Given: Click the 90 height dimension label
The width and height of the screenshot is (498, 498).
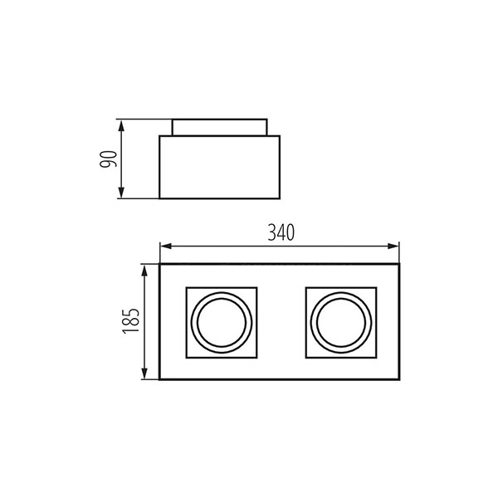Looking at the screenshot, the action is coord(108,159).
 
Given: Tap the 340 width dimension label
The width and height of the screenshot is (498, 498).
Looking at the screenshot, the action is coord(281,232).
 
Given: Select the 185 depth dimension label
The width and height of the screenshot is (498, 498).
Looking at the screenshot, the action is coord(131,321).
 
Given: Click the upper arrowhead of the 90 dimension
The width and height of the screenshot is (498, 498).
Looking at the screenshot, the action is coord(121,126).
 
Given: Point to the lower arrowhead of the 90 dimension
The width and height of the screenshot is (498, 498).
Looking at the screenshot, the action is coord(121,193).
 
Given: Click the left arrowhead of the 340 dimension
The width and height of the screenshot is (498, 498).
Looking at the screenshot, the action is coord(166,247).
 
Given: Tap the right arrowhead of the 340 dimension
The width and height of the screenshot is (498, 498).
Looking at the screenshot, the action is coord(393,247).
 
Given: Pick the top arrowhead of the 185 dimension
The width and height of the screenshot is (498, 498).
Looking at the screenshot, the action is coord(144,271).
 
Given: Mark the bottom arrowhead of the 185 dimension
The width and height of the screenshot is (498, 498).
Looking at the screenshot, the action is coord(144,373).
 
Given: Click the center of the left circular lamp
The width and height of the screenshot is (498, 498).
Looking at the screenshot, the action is coord(222,323).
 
